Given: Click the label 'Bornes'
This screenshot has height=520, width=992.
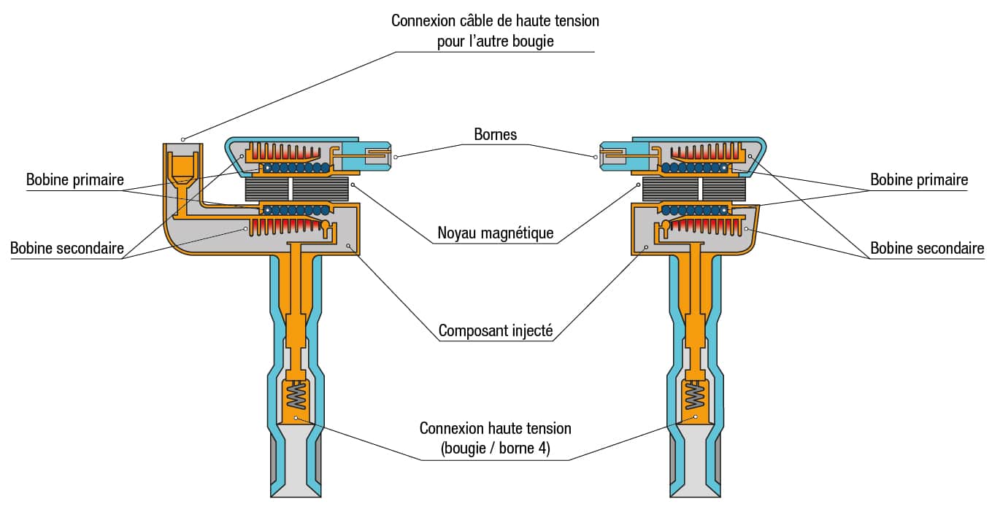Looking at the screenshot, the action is tap(495, 134).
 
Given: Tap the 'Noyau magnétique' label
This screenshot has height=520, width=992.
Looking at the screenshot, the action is tap(495, 233).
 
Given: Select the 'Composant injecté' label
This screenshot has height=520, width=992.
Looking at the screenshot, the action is tap(496, 331).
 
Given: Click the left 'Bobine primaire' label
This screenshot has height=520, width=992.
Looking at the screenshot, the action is tap(75, 180).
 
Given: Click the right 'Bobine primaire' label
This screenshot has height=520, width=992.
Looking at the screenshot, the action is tap(919, 180).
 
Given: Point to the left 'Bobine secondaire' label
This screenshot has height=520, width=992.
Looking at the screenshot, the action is tap(67, 248).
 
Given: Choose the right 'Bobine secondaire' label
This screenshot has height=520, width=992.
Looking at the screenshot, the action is tap(927, 248).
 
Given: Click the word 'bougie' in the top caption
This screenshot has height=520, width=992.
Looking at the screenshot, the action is tap(533, 41).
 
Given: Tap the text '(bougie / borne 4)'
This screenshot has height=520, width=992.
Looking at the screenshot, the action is tap(495, 449).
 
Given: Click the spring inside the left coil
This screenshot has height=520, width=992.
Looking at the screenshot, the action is tap(296, 395).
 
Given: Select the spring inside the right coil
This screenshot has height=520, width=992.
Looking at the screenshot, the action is tap(695, 395).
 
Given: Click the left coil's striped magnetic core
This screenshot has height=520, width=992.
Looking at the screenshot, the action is tap(296, 189).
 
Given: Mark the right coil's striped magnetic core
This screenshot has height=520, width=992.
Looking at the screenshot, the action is tap(694, 189).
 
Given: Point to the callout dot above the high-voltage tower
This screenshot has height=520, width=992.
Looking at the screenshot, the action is tap(183, 140).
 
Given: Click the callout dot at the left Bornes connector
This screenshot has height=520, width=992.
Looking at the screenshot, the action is tap(396, 157).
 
